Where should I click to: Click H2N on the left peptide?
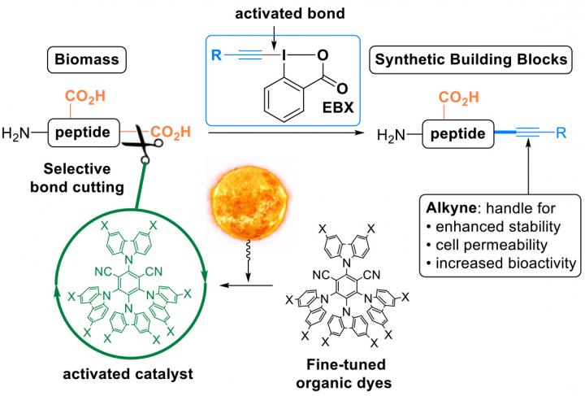19,131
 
